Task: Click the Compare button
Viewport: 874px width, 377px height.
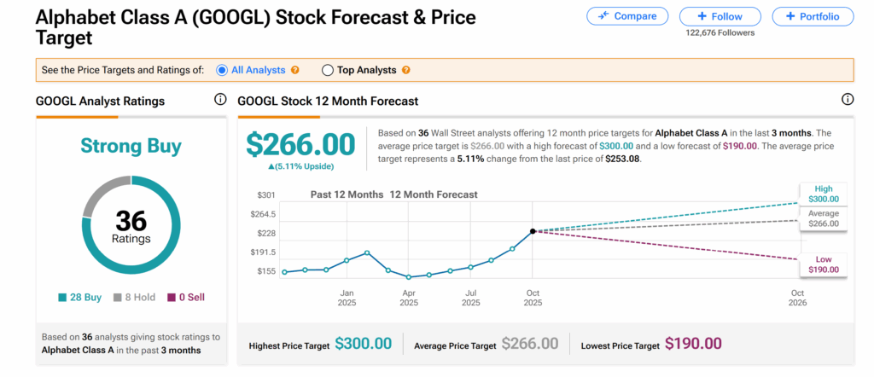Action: click(627, 16)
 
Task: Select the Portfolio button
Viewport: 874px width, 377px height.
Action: click(812, 16)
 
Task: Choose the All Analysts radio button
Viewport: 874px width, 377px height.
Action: click(223, 70)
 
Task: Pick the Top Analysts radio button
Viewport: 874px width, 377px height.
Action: click(328, 70)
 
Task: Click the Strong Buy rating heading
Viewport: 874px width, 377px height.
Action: click(131, 146)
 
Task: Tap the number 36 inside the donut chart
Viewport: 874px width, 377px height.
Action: click(131, 220)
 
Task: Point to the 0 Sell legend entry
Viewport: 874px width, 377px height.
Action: click(185, 298)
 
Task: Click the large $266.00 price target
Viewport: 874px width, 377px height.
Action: click(300, 142)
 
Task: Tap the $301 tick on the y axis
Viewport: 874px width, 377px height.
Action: click(265, 195)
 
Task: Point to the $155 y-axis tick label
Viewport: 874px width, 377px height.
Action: click(265, 271)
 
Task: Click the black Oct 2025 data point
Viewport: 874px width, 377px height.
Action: click(533, 231)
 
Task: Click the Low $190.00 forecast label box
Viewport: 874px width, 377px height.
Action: click(823, 264)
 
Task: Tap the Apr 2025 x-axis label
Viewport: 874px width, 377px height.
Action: click(410, 298)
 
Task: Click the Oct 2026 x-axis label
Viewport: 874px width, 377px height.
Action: click(797, 298)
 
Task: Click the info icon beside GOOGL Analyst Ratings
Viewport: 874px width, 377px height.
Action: click(220, 100)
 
